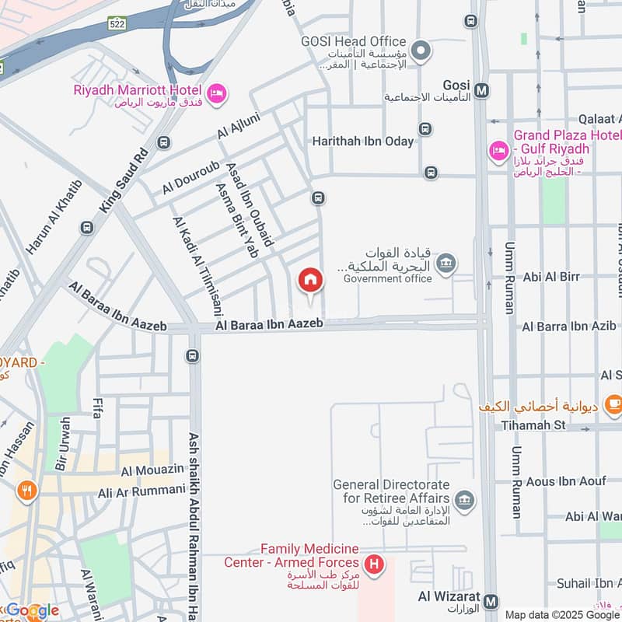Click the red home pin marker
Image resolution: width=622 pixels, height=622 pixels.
(x=309, y=280)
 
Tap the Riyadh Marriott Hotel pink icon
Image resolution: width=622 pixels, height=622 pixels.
(x=217, y=92)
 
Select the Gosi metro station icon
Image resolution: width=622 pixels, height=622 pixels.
(x=482, y=90)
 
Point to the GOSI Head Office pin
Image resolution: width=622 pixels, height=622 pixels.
(x=421, y=52)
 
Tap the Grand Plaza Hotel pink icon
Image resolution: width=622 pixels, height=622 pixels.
(x=498, y=149)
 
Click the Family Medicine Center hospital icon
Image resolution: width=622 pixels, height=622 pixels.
(x=374, y=564)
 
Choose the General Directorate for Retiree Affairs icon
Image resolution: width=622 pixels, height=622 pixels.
(x=465, y=498)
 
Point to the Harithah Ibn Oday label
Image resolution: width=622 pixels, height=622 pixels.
(x=363, y=141)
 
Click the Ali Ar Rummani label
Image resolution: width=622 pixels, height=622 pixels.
(x=142, y=492)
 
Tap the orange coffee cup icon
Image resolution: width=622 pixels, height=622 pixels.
(x=613, y=403)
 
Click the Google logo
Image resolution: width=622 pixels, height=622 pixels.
(x=31, y=610)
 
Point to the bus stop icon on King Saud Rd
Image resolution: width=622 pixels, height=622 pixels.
(x=163, y=142)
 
